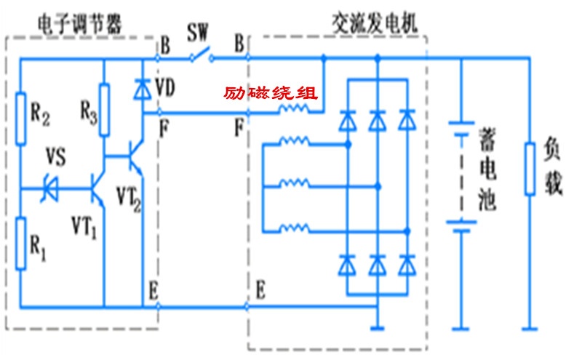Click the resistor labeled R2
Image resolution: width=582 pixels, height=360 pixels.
pos(21,116)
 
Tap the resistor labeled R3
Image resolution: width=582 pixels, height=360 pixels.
pos(104,111)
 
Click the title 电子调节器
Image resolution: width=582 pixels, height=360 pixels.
pos(78,23)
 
